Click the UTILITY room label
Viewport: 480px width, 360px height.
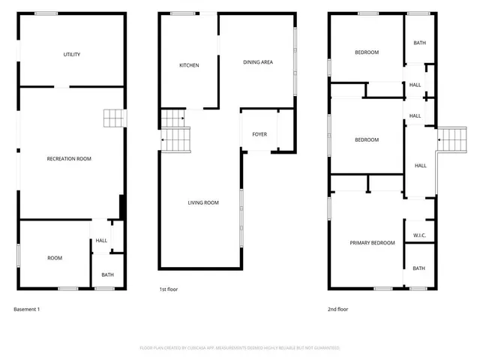(72, 55)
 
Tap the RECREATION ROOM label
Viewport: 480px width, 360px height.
(69, 159)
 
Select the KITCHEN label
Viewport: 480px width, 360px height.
(189, 66)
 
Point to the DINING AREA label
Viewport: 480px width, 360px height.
(257, 62)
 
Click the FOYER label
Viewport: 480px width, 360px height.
(259, 134)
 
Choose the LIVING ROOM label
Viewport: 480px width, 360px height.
(202, 202)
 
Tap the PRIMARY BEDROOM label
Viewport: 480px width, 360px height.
(372, 243)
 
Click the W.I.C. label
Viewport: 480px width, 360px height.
(419, 235)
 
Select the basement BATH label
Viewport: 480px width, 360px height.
(107, 275)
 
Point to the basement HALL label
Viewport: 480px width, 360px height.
(101, 241)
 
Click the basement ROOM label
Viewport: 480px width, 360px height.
(55, 258)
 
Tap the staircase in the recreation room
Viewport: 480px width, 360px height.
(112, 118)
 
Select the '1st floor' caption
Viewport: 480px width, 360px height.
(168, 289)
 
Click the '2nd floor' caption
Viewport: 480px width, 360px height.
(337, 309)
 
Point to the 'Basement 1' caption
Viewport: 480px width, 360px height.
(27, 309)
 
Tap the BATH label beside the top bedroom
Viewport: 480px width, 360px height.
(419, 43)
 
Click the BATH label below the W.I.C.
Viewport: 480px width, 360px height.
(418, 268)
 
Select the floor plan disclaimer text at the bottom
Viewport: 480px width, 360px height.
(240, 348)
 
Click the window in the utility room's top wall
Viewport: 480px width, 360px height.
(46, 13)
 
